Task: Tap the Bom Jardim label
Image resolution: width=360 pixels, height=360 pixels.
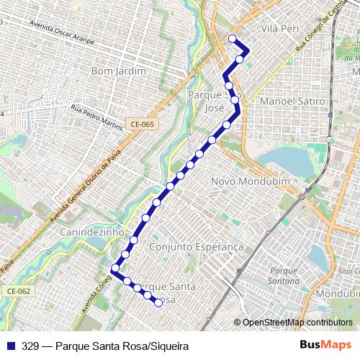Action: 119,71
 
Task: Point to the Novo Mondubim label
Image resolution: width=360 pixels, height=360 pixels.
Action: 250,182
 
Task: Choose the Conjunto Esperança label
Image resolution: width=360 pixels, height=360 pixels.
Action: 197,246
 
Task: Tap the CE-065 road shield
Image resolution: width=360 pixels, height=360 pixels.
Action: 142,125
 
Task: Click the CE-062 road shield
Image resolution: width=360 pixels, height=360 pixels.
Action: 19,291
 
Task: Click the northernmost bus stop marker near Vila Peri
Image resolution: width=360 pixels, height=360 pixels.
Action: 232,38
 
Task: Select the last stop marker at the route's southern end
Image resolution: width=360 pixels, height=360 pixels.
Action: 158,303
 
